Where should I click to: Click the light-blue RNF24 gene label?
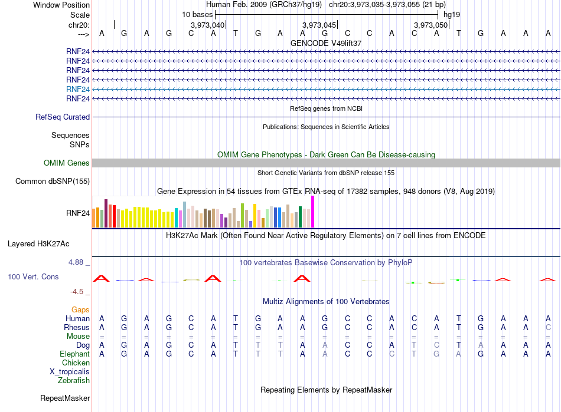77,89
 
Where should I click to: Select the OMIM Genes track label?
66,163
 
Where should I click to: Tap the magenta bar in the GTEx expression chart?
313,212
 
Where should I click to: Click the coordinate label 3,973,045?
319,25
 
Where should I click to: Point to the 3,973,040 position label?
207,25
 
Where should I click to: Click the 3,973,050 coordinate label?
430,25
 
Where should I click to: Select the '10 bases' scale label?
197,15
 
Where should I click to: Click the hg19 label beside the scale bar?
452,15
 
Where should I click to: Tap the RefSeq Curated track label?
63,117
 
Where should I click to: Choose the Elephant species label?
74,354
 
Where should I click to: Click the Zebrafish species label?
74,381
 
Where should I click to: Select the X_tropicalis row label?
70,372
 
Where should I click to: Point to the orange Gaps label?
80,309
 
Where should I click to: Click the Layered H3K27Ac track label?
38,244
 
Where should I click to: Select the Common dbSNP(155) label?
53,182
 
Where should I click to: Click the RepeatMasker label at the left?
65,398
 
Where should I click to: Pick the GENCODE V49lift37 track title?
326,43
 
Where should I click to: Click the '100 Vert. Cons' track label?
33,276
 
